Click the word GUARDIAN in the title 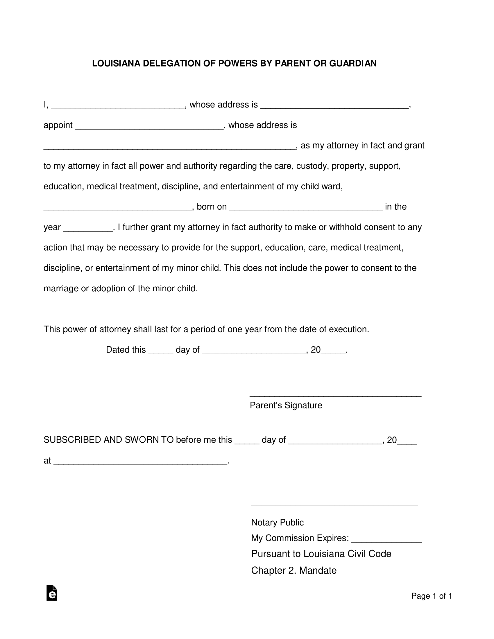tap(353, 64)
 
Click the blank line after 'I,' tap(118, 106)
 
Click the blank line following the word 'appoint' tap(149, 126)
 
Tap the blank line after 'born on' tap(306, 208)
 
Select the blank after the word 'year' tap(88, 229)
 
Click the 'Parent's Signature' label tap(286, 405)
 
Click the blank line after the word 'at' tap(140, 462)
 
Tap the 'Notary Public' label tap(277, 523)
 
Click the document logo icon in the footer tap(52, 593)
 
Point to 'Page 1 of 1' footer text tap(432, 596)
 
